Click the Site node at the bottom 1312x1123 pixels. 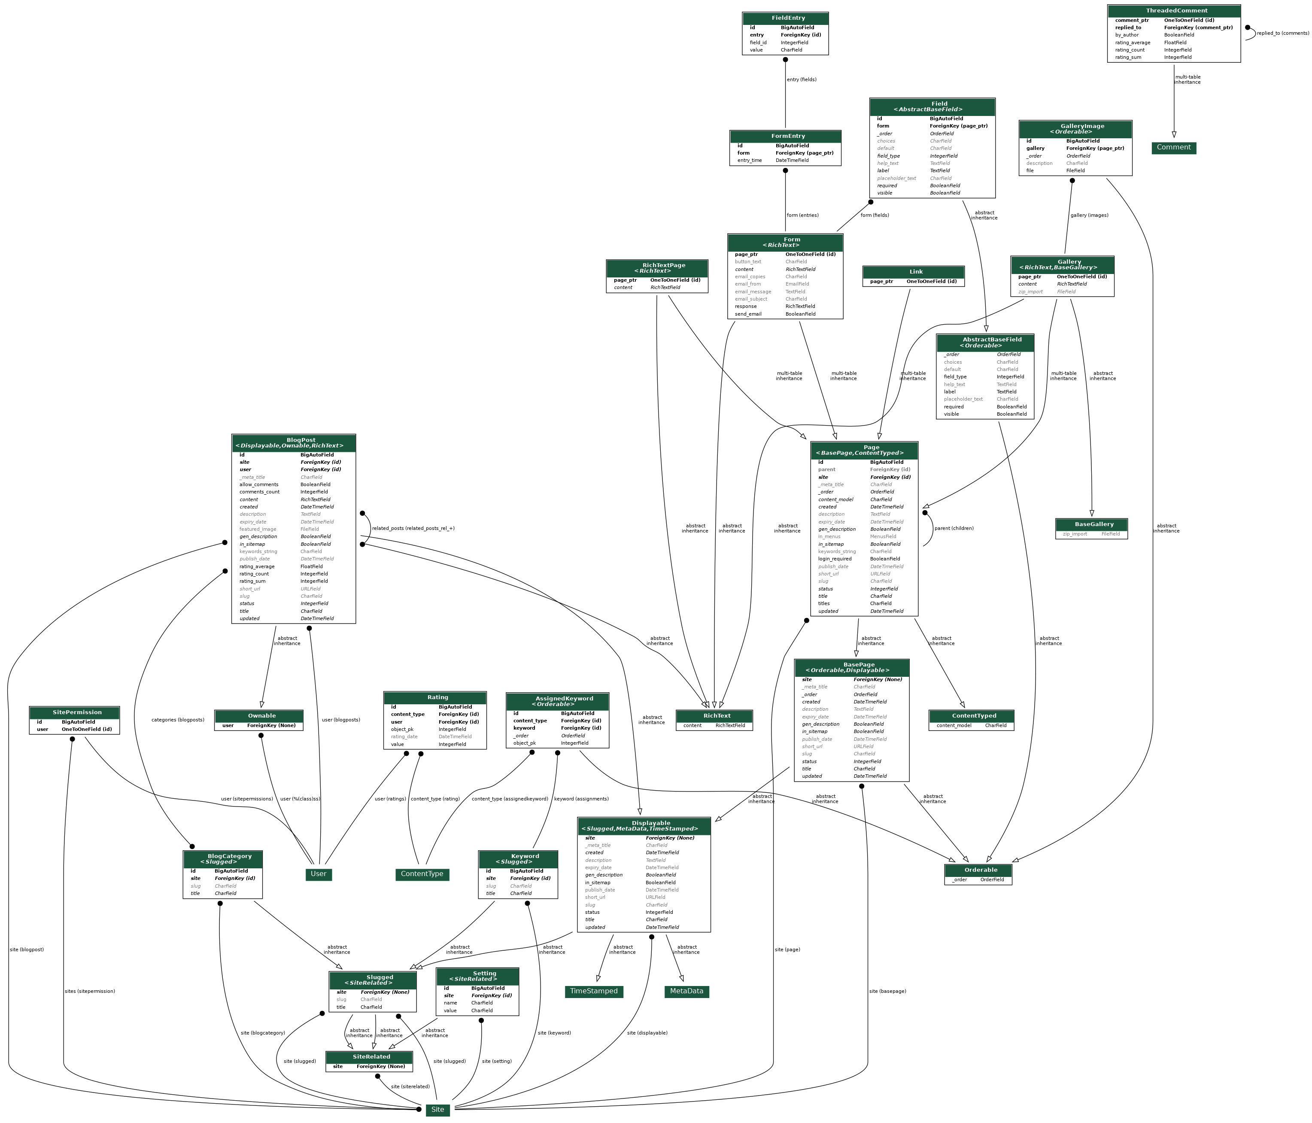437,1109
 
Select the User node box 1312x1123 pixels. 319,874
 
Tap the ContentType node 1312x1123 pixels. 422,874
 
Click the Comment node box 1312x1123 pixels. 1173,148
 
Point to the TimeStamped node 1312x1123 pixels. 593,991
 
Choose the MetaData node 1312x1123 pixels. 686,991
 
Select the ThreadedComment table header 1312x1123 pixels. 1173,11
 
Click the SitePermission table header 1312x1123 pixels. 74,712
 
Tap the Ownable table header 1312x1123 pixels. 259,716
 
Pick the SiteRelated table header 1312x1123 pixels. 369,1056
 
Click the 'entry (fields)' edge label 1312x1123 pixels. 801,80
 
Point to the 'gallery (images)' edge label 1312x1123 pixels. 1089,215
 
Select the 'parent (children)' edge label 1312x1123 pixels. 954,528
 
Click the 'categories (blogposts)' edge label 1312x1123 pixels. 178,720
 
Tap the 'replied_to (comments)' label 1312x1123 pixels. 1282,33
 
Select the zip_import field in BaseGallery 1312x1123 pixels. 1075,534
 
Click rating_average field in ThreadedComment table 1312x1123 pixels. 1133,43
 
